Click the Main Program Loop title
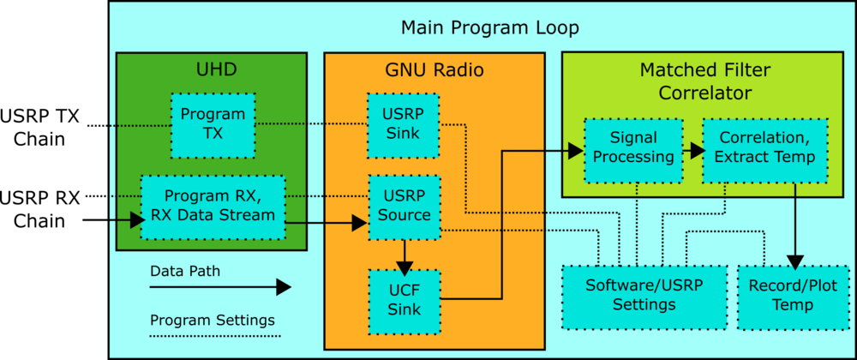(x=489, y=28)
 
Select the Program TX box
(x=213, y=125)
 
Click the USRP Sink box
(x=404, y=125)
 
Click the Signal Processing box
(x=633, y=149)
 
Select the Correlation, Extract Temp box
(x=765, y=149)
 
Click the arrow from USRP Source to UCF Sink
(x=404, y=254)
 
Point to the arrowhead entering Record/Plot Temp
(x=794, y=259)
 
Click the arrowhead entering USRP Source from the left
(x=360, y=224)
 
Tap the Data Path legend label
(x=185, y=271)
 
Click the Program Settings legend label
(x=212, y=321)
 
